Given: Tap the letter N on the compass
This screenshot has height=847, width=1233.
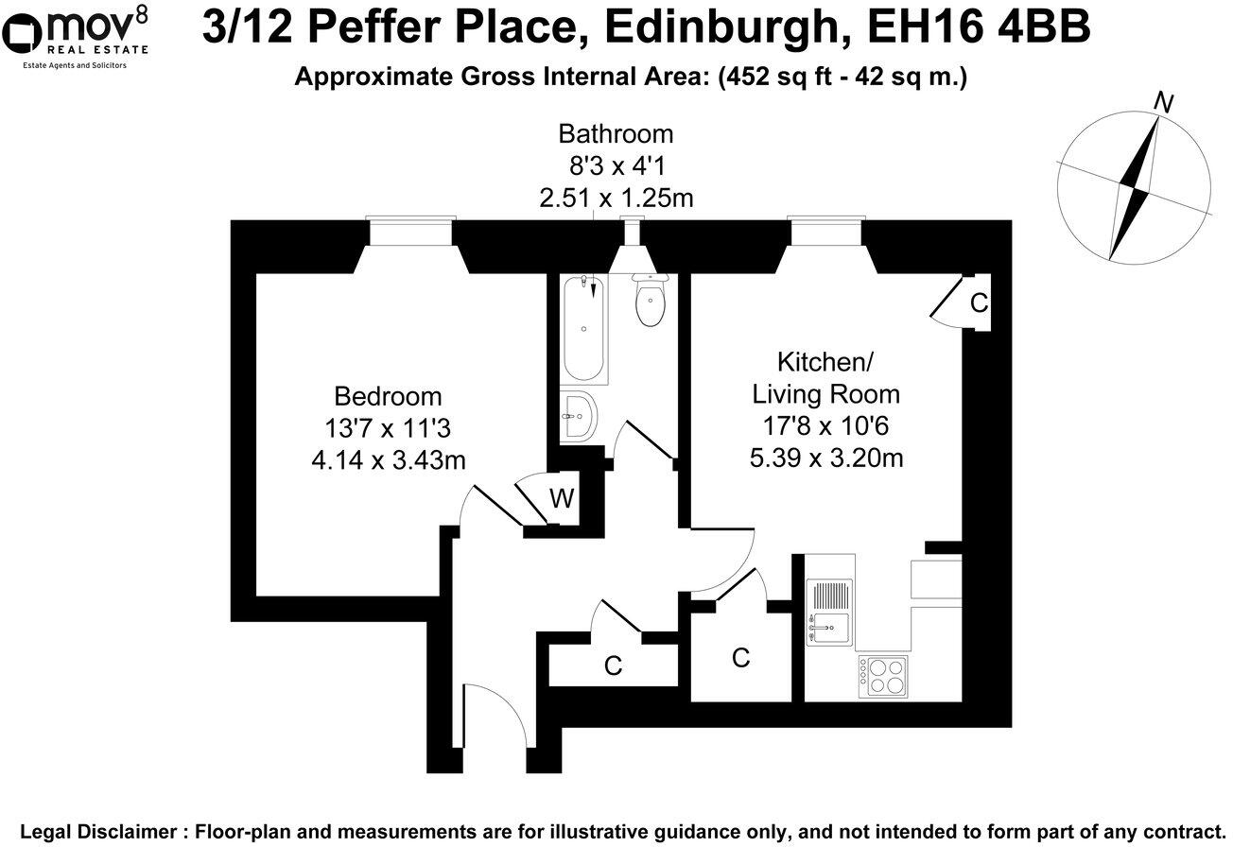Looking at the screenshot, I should click(1165, 103).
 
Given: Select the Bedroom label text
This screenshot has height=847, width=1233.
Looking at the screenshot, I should click(388, 396).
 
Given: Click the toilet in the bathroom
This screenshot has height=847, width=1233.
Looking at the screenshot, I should click(651, 301).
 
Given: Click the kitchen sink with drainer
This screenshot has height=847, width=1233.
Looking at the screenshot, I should click(829, 612).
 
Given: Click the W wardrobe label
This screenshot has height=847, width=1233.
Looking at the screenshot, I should click(562, 498).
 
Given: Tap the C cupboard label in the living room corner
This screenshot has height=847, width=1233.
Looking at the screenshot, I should click(979, 303).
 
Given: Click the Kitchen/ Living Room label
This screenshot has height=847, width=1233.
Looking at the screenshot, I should click(825, 377).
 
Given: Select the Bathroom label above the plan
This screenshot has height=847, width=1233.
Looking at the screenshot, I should click(616, 133).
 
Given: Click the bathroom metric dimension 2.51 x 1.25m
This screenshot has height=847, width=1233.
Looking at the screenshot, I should click(616, 199).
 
